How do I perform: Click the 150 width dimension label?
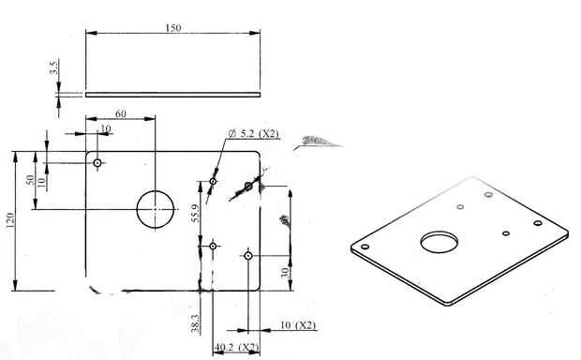[173, 28]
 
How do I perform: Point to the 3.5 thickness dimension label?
[53, 67]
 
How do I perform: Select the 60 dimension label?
[121, 113]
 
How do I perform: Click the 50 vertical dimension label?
[30, 180]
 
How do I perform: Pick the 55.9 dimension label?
[195, 213]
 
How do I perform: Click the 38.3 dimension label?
[195, 323]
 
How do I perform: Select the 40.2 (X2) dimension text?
[236, 348]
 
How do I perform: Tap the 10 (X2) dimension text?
[298, 325]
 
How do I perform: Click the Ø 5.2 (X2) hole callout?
[253, 133]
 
